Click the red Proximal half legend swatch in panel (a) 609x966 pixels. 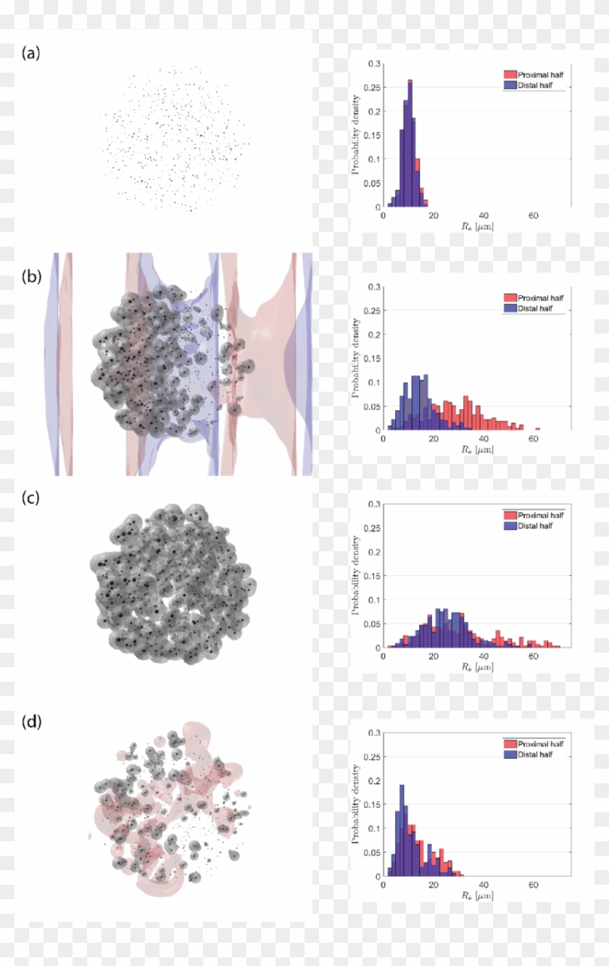510,75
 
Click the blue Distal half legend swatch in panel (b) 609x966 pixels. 510,308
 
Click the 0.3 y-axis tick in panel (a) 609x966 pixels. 373,64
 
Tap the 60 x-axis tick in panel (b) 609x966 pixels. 533,439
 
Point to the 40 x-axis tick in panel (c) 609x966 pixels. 483,657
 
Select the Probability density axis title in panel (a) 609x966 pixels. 355,136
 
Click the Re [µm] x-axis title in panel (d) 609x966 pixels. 476,896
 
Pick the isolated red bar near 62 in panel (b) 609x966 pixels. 537,429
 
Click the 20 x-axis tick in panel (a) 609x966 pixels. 433,216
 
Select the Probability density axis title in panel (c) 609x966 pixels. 355,576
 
